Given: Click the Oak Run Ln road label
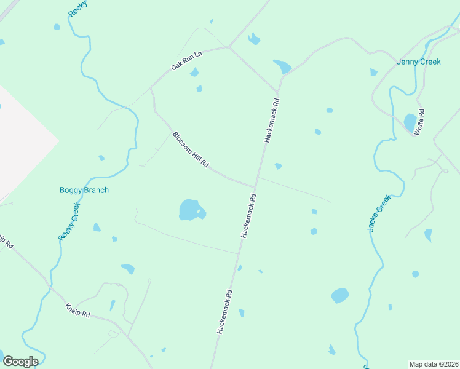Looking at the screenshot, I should pyautogui.click(x=187, y=60).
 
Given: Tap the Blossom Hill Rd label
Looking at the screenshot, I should pyautogui.click(x=191, y=150).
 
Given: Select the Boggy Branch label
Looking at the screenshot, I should pyautogui.click(x=84, y=190).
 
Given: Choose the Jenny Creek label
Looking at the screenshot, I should pyautogui.click(x=419, y=61).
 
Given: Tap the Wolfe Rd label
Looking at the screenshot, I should pyautogui.click(x=419, y=122).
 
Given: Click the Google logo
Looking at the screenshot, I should pyautogui.click(x=20, y=362).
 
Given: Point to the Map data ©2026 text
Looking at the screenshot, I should pyautogui.click(x=433, y=364).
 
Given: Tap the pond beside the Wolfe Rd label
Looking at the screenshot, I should pyautogui.click(x=410, y=122).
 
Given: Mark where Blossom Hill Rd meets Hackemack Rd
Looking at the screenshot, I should pyautogui.click(x=255, y=186).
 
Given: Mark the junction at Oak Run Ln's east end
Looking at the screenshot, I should pyautogui.click(x=229, y=47).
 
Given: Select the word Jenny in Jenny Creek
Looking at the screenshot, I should pyautogui.click(x=407, y=61).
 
